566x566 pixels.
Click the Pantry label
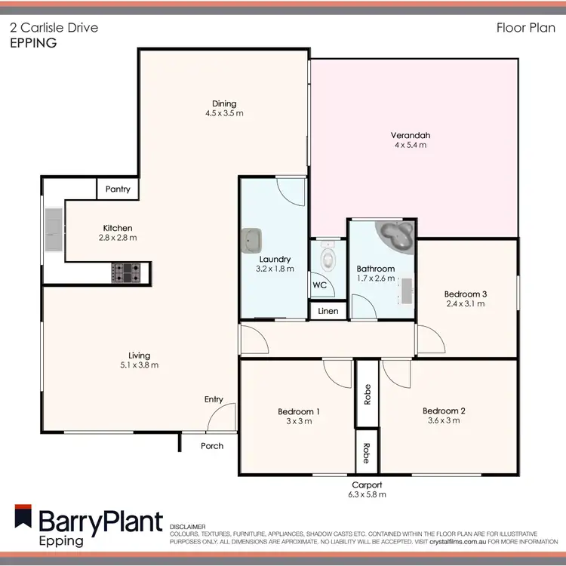click(118, 189)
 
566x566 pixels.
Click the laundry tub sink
click(252, 241)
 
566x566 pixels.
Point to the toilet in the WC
click(328, 260)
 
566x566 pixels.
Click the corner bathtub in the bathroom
click(396, 235)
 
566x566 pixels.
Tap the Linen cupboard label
click(328, 311)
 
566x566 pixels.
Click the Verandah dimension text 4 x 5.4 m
click(411, 145)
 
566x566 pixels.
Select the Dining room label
click(224, 103)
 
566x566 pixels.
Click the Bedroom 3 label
click(465, 294)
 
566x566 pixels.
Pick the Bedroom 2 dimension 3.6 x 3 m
click(443, 420)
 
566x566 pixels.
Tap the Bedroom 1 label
click(299, 411)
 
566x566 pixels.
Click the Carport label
click(367, 485)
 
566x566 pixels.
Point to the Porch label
click(212, 445)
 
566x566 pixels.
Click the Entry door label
click(214, 399)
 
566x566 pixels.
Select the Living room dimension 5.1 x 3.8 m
click(139, 365)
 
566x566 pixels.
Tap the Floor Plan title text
click(521, 29)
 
